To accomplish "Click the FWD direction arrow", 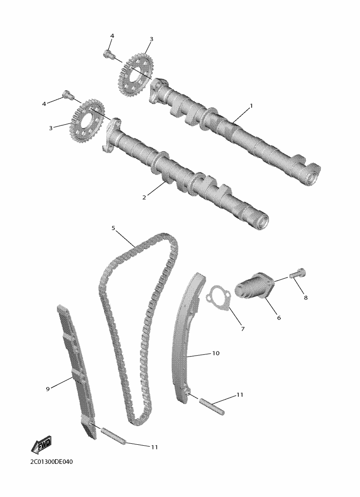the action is coord(41,444).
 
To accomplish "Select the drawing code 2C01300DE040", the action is coord(51,462).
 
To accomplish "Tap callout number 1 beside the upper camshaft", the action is coord(251,105).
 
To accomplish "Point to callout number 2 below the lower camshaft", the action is coord(144,197).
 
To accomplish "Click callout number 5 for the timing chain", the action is coord(113,228).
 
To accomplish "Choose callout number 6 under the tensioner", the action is coord(279,318).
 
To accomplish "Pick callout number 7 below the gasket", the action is coord(243,329).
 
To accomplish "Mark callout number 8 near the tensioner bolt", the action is coord(306,298).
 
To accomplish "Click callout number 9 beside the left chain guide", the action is coord(48,389).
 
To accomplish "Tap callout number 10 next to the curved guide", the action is coord(216,353).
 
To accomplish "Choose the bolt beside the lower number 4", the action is coord(67,94).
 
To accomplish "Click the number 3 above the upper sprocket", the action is coord(151,39).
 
